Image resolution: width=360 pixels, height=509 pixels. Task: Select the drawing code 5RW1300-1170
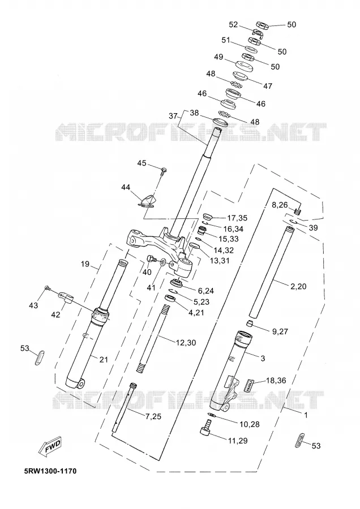click(50, 471)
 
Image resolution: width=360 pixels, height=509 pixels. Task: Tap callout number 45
click(142, 163)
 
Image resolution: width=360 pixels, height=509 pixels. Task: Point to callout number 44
click(126, 187)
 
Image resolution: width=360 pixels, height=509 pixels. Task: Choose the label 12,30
click(186, 343)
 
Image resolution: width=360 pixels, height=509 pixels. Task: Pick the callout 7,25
click(153, 416)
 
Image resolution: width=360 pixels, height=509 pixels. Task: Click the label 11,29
click(238, 441)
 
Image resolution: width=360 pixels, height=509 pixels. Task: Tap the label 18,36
click(276, 380)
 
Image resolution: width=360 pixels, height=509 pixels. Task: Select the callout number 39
click(313, 228)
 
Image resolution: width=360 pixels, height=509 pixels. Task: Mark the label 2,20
click(298, 286)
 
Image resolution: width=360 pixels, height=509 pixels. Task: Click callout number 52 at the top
click(234, 25)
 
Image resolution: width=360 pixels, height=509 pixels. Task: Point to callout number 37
click(173, 116)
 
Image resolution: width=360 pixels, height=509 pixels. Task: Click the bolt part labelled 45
click(164, 170)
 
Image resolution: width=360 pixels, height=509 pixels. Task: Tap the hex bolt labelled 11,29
click(206, 426)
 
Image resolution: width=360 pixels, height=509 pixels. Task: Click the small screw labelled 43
click(47, 288)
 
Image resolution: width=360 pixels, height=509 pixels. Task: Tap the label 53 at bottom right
click(316, 446)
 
